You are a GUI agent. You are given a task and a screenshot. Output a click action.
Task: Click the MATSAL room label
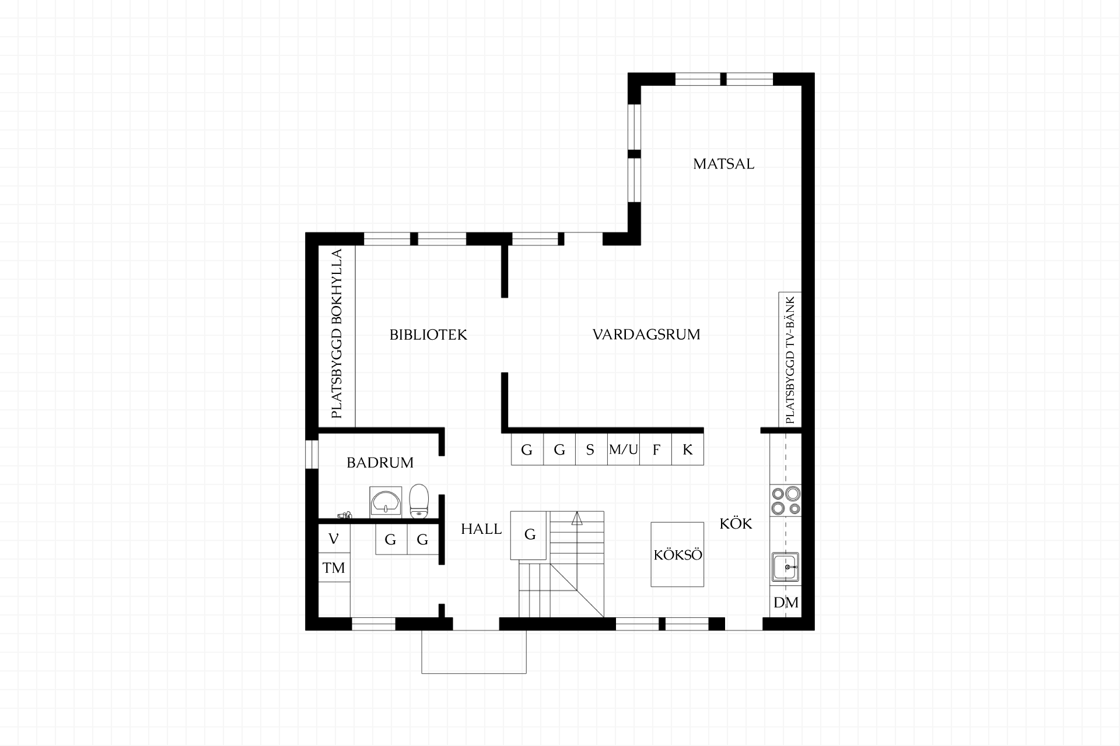click(723, 164)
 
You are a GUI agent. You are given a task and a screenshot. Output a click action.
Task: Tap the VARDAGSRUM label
click(646, 335)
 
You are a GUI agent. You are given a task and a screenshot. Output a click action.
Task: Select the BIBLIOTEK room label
click(428, 335)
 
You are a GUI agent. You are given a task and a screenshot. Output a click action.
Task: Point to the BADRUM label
click(380, 463)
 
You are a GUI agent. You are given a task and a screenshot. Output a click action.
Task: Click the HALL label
click(481, 529)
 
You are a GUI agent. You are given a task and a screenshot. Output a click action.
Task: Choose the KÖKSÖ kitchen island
click(677, 554)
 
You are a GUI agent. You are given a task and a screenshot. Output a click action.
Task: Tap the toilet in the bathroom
click(419, 501)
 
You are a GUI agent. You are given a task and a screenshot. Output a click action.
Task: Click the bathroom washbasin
click(386, 501)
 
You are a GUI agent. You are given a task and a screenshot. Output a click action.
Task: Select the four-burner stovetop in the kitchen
click(786, 501)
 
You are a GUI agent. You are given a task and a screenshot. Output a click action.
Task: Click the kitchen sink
click(786, 566)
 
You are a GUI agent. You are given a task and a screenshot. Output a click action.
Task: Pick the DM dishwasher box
click(786, 603)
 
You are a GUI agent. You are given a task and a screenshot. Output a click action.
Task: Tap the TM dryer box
click(334, 568)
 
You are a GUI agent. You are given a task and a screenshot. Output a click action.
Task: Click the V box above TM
click(334, 539)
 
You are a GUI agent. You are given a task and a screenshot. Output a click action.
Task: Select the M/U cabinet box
click(624, 449)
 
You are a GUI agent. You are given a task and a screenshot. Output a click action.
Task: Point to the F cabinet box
click(656, 449)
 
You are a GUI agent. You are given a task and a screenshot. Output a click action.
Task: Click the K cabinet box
click(688, 449)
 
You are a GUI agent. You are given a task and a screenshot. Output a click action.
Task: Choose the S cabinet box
click(591, 449)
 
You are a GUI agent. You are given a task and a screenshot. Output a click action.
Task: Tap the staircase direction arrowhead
click(577, 519)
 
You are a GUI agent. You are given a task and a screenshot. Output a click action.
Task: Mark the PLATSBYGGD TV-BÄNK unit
click(790, 360)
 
